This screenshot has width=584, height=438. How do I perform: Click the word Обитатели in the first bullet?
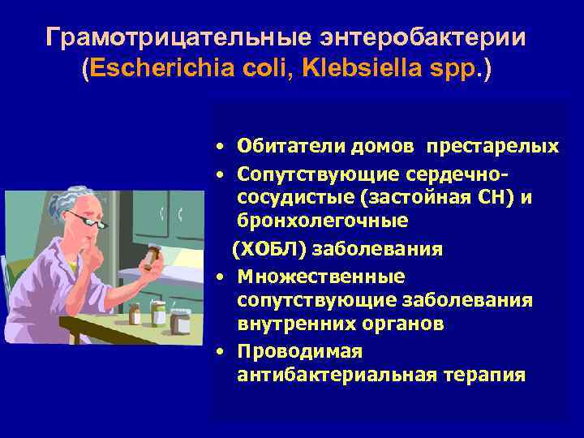(292, 146)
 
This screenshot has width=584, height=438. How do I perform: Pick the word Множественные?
(321, 277)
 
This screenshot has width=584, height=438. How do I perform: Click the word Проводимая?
(300, 352)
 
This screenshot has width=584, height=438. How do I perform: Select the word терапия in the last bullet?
(482, 376)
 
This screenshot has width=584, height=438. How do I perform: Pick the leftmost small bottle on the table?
(135, 313)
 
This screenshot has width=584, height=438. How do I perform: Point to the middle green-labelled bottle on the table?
(158, 313)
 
